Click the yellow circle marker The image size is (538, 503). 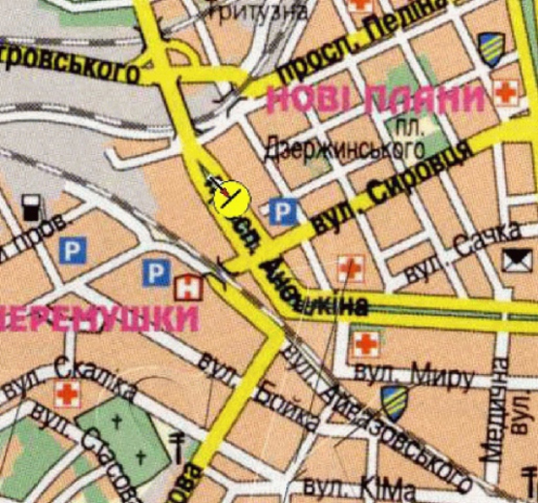click(231, 198)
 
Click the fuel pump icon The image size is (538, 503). click(31, 206)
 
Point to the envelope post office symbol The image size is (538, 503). click(513, 259)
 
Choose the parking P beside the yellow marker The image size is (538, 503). click(281, 209)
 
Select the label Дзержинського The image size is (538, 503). click(345, 149)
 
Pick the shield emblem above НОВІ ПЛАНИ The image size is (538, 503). click(491, 46)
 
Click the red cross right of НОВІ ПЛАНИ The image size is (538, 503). click(503, 94)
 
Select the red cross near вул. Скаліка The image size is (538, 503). click(67, 393)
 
